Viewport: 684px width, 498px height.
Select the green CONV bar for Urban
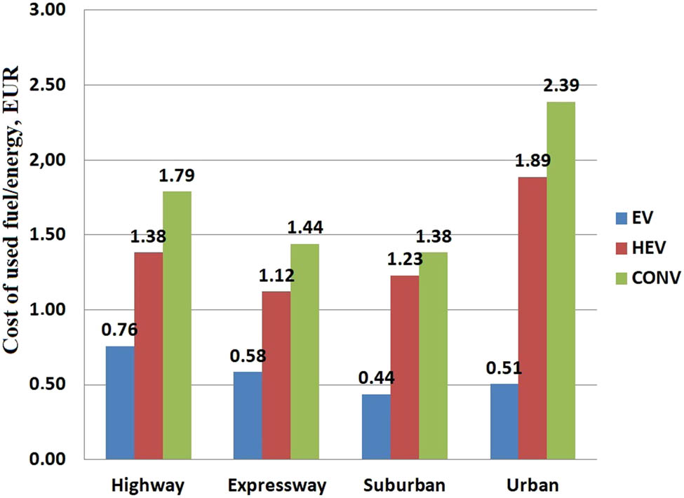click(x=561, y=281)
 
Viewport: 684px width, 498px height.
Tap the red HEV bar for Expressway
click(x=276, y=375)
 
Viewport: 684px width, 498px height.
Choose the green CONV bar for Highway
click(x=177, y=325)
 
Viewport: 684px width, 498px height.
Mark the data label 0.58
click(x=248, y=356)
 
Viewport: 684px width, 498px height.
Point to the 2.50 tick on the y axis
click(x=48, y=86)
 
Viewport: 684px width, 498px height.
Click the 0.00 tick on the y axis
click(x=48, y=459)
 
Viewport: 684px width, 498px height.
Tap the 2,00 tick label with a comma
click(x=48, y=160)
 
